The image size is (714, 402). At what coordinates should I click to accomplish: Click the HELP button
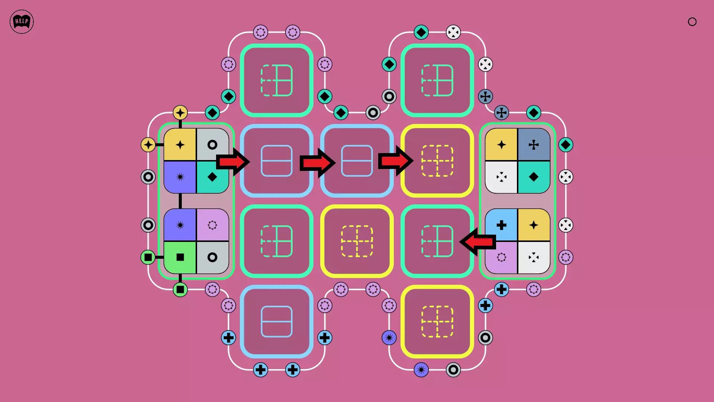[22, 22]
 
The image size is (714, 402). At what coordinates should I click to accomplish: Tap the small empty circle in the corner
[692, 22]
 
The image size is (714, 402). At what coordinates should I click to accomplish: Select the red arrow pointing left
[478, 242]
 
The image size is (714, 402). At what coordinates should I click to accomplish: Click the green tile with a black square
[180, 257]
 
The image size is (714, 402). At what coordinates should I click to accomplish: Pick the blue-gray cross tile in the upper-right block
[534, 145]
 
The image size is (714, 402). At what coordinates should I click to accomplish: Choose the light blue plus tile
[501, 225]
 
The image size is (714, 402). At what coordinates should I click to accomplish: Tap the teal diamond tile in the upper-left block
[212, 177]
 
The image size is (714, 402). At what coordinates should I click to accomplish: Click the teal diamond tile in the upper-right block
[534, 177]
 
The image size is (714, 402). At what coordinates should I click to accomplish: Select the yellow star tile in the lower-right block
[534, 225]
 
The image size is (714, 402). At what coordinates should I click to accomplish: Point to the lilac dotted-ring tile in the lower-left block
[212, 225]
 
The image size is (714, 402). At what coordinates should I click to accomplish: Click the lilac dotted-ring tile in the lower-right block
[501, 257]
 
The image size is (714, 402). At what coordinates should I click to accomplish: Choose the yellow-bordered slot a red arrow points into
[437, 161]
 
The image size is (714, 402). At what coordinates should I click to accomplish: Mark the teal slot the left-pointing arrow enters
[437, 241]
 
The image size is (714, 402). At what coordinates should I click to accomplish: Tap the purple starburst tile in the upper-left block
[180, 177]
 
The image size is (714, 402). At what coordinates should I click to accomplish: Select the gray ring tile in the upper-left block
[212, 145]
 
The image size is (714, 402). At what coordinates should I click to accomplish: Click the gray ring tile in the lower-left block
[212, 257]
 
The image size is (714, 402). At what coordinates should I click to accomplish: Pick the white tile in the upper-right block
[501, 177]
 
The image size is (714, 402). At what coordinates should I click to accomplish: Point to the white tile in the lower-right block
[534, 257]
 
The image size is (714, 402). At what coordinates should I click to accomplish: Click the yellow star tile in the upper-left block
[180, 145]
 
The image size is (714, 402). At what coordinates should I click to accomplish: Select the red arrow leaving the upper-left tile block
[232, 162]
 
